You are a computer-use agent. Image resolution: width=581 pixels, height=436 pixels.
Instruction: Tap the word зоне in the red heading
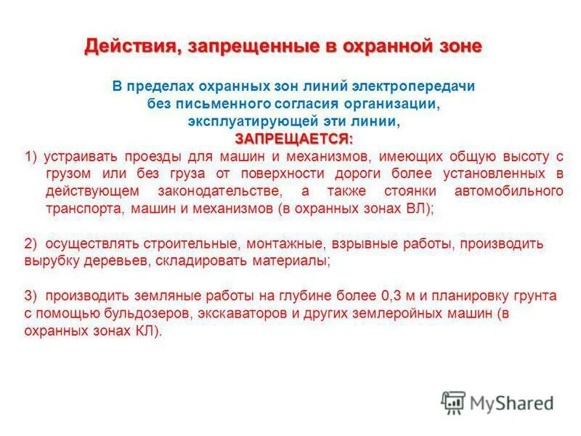point(456,47)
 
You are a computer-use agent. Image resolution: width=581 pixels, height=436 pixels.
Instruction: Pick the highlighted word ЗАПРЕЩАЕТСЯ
point(292,137)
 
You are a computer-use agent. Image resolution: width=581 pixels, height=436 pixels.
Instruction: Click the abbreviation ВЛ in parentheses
point(418,208)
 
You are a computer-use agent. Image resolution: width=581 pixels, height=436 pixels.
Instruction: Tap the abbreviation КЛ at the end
point(146,331)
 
